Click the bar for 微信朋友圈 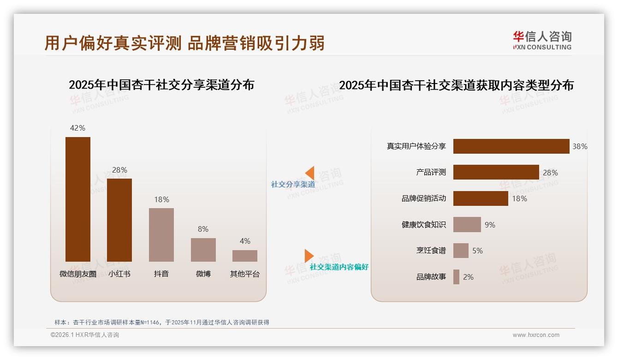click(x=78, y=199)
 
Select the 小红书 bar click(x=119, y=220)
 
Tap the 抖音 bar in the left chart click(x=161, y=234)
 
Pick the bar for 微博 click(x=203, y=250)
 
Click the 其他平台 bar click(x=245, y=256)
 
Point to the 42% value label click(x=77, y=128)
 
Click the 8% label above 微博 click(x=203, y=229)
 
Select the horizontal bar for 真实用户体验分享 click(x=511, y=146)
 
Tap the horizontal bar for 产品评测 click(x=496, y=172)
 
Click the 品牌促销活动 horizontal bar click(x=481, y=198)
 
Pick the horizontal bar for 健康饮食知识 click(x=467, y=225)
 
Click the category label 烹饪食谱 click(x=431, y=251)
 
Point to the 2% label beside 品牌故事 click(x=468, y=277)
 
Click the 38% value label click(x=580, y=146)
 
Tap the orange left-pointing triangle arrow click(x=310, y=173)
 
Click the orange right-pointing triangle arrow click(x=309, y=256)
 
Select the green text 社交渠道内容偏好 click(x=339, y=267)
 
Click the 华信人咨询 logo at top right click(x=542, y=40)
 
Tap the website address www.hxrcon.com click(x=536, y=335)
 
